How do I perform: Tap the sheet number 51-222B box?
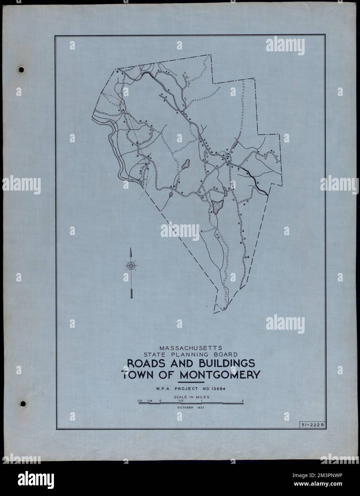click(312, 424)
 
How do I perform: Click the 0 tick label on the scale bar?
click(160, 401)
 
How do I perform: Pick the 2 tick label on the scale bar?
click(243, 401)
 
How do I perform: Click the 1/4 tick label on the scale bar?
click(150, 401)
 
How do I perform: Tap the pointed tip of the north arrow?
click(131, 249)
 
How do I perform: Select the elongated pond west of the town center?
click(185, 165)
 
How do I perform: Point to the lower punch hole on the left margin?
click(23, 404)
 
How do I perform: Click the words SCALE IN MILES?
click(191, 396)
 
